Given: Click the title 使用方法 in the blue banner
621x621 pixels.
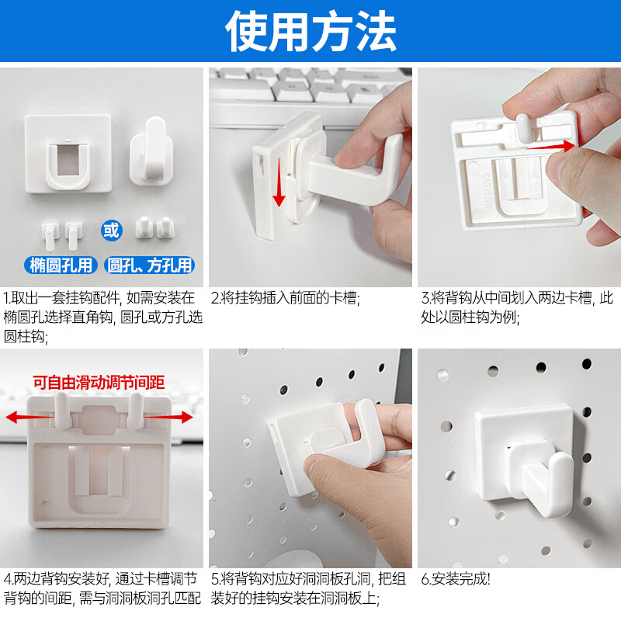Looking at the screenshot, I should coord(310,33).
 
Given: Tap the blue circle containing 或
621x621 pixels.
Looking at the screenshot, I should coord(112,231).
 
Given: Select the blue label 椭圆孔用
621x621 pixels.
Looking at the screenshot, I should coord(61,265).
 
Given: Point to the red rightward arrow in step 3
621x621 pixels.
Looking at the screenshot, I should coord(551,144).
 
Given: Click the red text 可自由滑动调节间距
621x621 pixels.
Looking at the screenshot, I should coord(99,382).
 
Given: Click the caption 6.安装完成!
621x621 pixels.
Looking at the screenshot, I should coord(456,579).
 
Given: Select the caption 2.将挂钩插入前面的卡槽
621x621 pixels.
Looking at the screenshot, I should coord(286,297).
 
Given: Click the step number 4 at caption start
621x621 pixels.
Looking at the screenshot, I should coord(7,579).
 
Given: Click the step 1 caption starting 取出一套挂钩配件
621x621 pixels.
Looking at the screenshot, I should coord(102,317).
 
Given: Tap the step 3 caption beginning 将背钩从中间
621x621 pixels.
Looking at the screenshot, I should coord(517,307).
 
